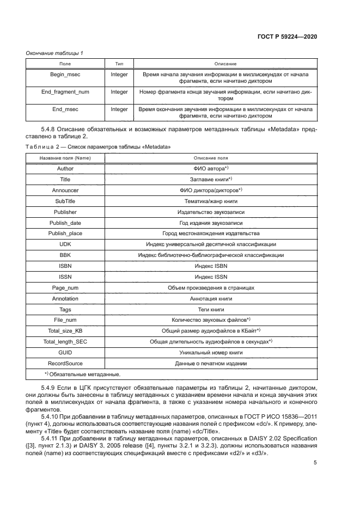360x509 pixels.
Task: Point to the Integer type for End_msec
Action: click(119, 109)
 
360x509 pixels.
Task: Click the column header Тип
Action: click(119, 64)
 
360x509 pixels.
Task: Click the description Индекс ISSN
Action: click(211, 277)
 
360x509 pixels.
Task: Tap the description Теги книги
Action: click(211, 309)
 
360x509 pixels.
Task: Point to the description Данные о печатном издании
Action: click(211, 363)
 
